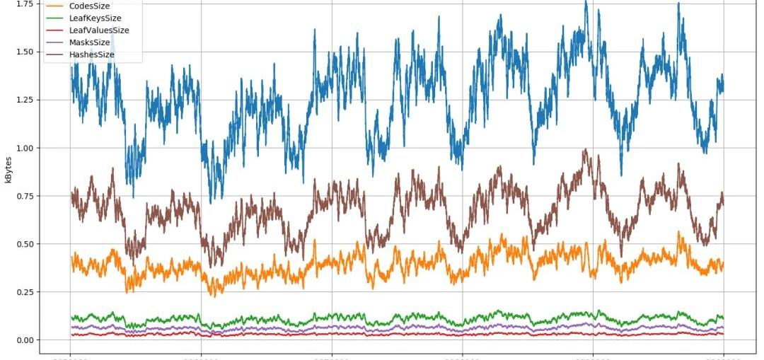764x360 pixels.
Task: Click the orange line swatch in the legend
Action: click(x=54, y=6)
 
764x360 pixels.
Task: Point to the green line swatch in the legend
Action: click(x=54, y=18)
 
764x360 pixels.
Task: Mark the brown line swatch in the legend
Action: click(x=54, y=55)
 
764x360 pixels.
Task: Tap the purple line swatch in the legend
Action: click(x=54, y=42)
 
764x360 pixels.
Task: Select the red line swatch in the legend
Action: click(x=54, y=30)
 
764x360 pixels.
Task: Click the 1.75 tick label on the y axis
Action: click(x=24, y=4)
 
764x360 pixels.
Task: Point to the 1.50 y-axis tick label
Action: click(x=24, y=52)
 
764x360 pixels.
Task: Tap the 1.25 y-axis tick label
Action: click(x=24, y=100)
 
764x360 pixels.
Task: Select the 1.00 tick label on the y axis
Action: click(x=24, y=149)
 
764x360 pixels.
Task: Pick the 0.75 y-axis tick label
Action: click(x=24, y=197)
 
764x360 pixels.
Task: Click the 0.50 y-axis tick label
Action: click(x=24, y=245)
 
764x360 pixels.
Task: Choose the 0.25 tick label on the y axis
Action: click(x=24, y=293)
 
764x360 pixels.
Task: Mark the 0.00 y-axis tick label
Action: click(x=24, y=340)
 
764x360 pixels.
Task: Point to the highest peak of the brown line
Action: click(x=585, y=150)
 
